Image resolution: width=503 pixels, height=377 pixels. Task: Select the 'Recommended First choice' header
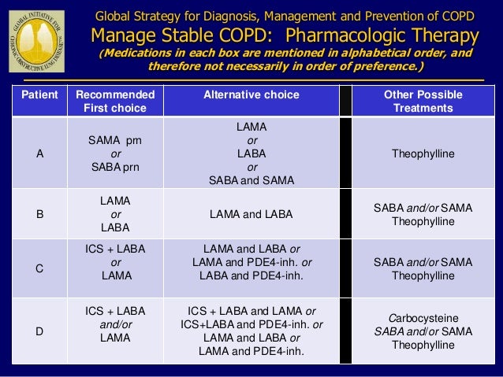(x=115, y=101)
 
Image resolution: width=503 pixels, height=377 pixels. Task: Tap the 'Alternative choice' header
(x=251, y=94)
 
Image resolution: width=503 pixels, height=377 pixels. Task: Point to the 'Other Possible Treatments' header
(x=423, y=101)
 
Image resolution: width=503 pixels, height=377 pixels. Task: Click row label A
(x=40, y=153)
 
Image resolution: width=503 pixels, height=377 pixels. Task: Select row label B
(x=40, y=213)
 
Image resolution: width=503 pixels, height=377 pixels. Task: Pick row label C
(x=40, y=268)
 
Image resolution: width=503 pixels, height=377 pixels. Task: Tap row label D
(x=40, y=331)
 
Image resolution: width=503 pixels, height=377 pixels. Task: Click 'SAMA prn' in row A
(x=115, y=139)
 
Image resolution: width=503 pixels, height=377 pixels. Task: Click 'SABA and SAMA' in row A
(x=251, y=180)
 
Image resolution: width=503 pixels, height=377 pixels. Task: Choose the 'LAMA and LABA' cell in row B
(x=251, y=213)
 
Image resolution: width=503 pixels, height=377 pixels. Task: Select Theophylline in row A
(x=423, y=153)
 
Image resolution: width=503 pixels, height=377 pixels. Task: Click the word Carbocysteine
(x=423, y=317)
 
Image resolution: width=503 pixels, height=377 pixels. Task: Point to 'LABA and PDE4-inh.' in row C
(x=251, y=275)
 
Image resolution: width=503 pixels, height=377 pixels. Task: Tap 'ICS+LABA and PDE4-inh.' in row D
(x=251, y=323)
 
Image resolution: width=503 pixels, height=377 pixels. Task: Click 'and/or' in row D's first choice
(x=115, y=323)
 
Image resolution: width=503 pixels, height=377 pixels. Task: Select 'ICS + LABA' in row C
(x=115, y=249)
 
